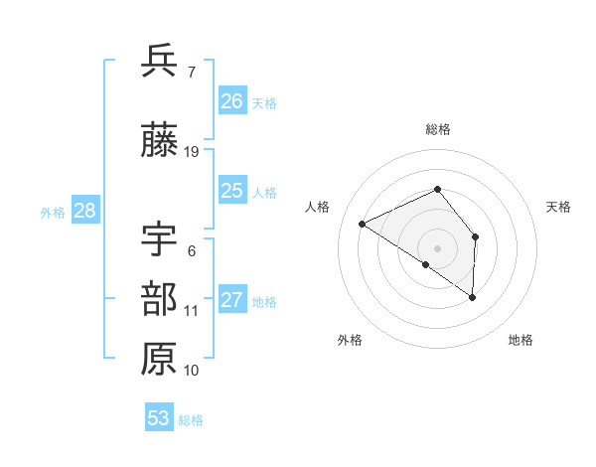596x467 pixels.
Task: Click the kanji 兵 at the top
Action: point(159,62)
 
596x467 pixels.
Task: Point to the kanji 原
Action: point(159,359)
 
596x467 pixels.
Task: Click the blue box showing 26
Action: point(231,101)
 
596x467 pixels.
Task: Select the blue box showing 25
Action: point(231,191)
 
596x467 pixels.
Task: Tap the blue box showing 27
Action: point(231,300)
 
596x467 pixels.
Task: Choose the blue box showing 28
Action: point(83,211)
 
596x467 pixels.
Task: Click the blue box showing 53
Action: point(159,418)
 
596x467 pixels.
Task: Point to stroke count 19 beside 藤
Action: point(192,152)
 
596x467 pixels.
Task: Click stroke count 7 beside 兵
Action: point(191,72)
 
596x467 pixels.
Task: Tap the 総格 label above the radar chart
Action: point(438,129)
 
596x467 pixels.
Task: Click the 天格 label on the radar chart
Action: point(558,207)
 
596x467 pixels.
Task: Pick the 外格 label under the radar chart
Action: point(350,341)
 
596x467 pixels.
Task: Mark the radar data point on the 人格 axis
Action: point(363,224)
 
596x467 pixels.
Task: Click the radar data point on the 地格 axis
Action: point(473,297)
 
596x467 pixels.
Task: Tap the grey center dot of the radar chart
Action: point(437,247)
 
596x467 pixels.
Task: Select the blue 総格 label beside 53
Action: point(191,420)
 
